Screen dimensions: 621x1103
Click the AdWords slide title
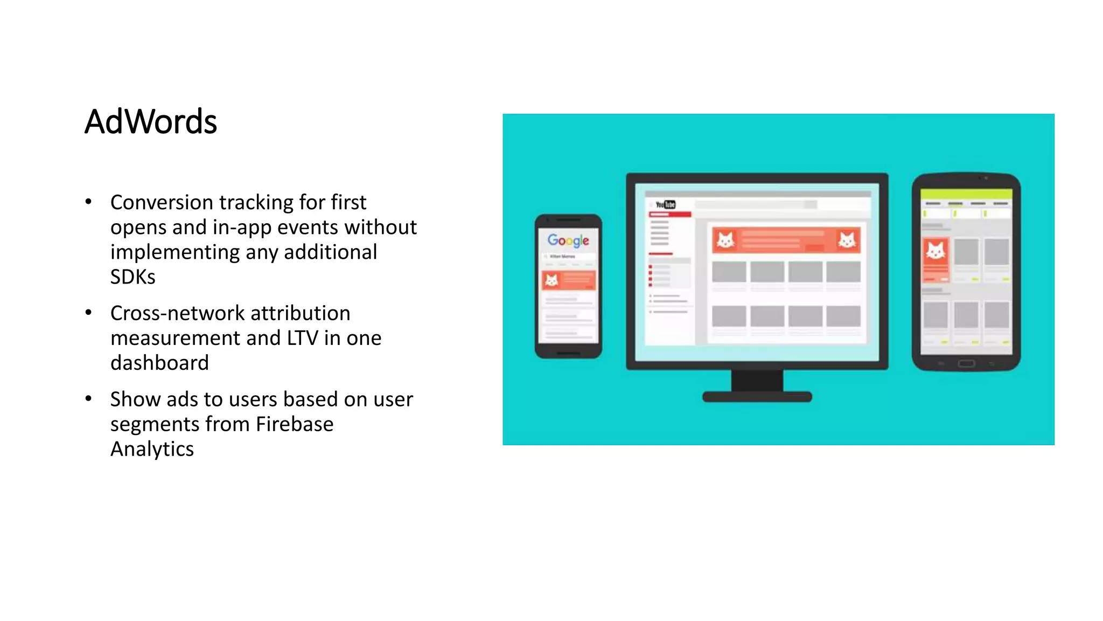point(151,122)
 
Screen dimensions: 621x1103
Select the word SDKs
point(132,277)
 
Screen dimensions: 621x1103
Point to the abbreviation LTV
point(302,338)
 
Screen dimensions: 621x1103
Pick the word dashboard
point(159,363)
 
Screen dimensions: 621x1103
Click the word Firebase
point(295,424)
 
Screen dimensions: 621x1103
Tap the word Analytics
point(152,449)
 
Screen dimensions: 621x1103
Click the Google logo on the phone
point(568,240)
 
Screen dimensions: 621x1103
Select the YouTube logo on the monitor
point(666,204)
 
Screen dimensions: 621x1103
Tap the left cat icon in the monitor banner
point(725,240)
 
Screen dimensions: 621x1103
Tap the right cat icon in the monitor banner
point(847,240)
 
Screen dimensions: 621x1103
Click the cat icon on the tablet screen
point(936,251)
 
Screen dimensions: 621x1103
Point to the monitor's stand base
point(757,397)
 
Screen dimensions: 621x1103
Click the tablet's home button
point(966,364)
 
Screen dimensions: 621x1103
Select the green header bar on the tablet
point(966,194)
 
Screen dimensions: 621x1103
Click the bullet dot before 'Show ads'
point(88,399)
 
